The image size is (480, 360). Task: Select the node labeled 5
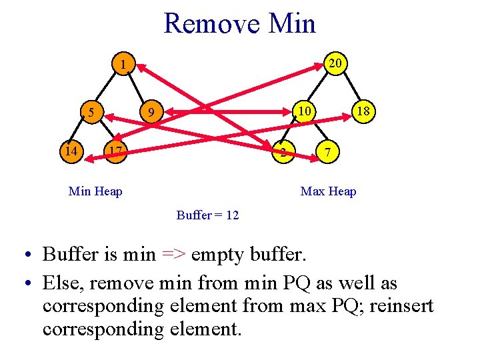(91, 111)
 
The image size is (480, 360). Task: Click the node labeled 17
(115, 151)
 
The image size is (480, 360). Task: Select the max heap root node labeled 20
(335, 63)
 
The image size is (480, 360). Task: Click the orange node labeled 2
(283, 153)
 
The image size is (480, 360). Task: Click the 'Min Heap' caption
(95, 192)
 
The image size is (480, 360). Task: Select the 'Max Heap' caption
(328, 192)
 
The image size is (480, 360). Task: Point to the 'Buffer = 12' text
(207, 215)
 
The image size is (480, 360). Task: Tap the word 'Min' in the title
(291, 24)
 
